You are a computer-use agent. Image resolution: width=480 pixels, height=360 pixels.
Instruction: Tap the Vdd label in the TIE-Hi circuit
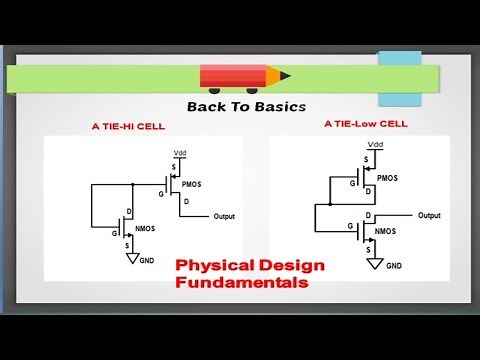[x=180, y=153]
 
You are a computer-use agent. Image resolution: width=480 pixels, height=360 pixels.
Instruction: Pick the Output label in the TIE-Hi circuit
[x=225, y=215]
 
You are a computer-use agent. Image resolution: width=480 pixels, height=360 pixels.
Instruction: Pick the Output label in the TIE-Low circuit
[x=428, y=215]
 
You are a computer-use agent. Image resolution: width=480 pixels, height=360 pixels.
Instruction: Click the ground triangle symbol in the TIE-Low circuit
[x=372, y=263]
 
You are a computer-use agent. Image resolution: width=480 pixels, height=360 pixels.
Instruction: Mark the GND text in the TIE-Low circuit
[x=394, y=266]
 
